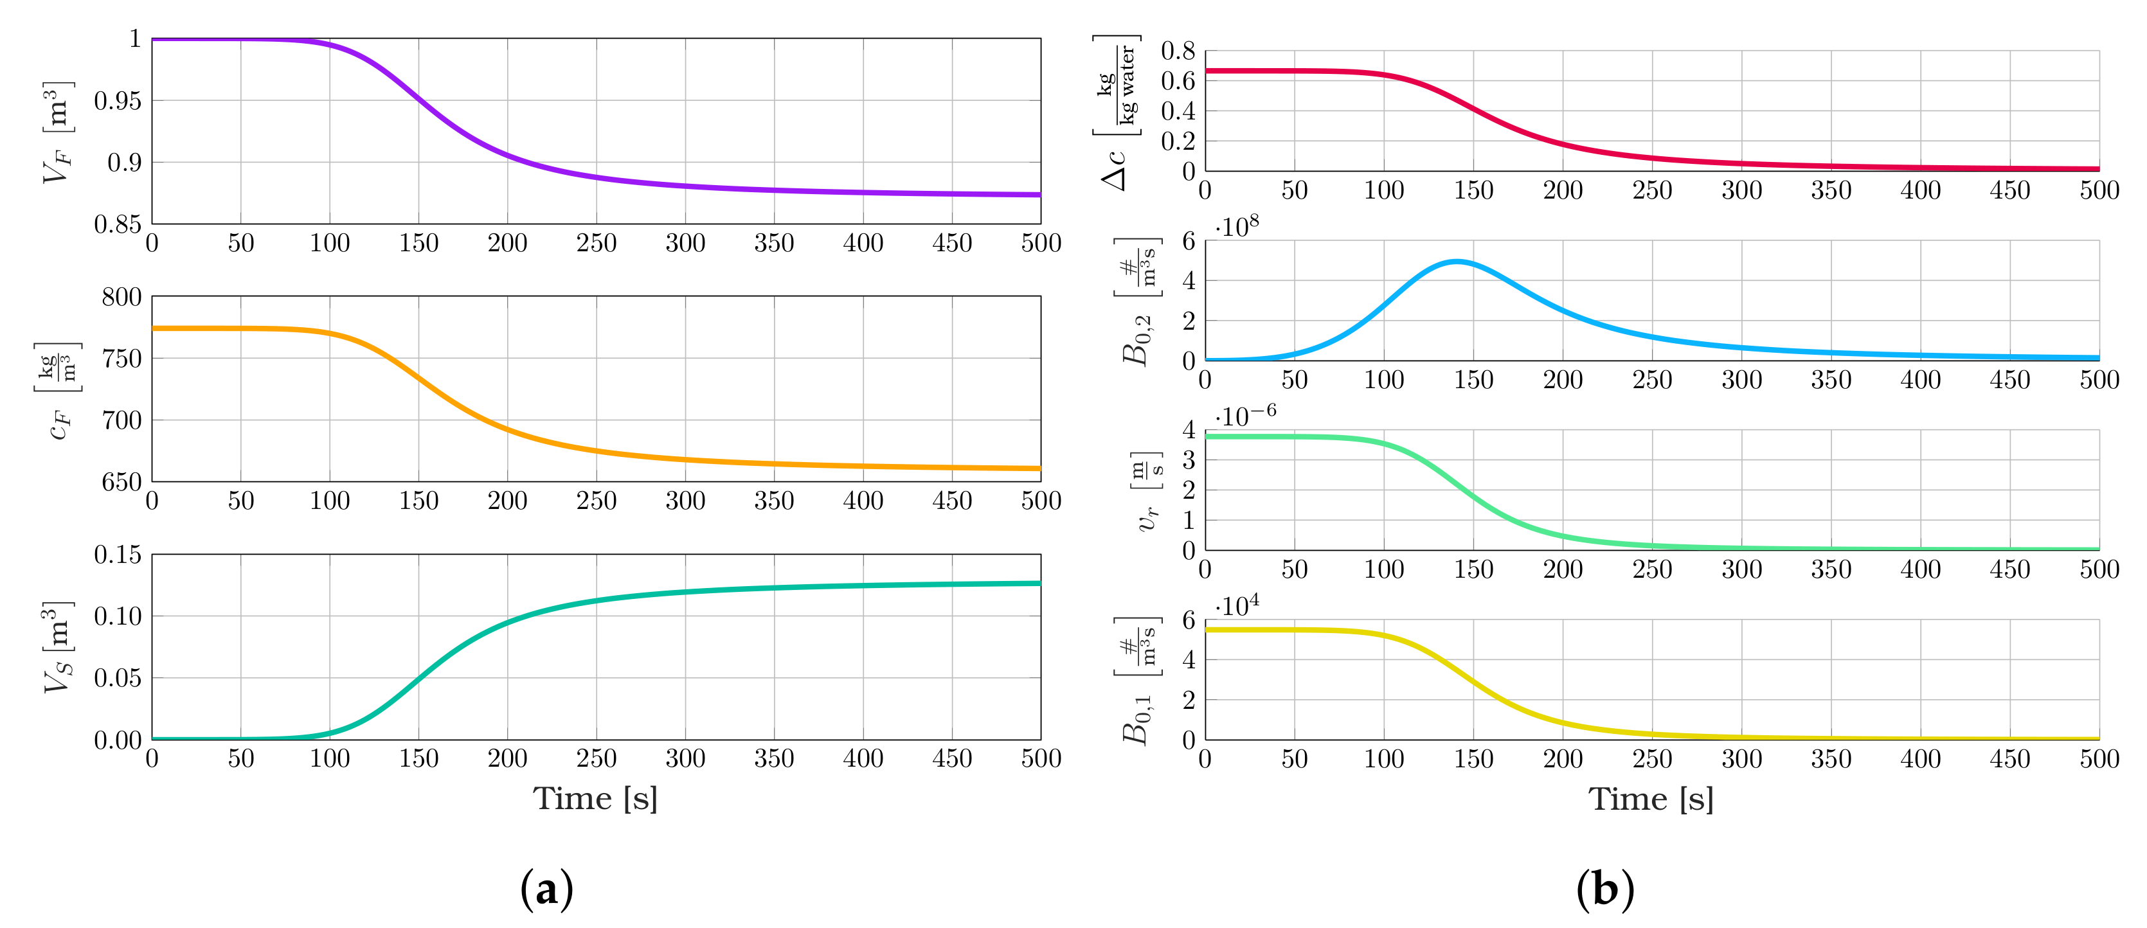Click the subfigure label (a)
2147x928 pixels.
[547, 889]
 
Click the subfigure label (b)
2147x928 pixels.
[1605, 889]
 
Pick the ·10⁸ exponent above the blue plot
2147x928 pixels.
[1237, 228]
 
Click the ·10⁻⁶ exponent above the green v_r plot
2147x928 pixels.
[1245, 416]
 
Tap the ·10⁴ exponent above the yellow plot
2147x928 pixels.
[1237, 605]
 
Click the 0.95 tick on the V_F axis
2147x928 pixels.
[117, 102]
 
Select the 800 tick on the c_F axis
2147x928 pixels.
[121, 298]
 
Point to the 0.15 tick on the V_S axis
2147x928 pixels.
[117, 555]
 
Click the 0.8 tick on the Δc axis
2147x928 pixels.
[1178, 51]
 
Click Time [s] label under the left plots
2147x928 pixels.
[595, 799]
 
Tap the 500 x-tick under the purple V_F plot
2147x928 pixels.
[1041, 243]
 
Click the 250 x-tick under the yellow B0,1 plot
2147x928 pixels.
[1652, 759]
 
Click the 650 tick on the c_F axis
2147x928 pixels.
[121, 483]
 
